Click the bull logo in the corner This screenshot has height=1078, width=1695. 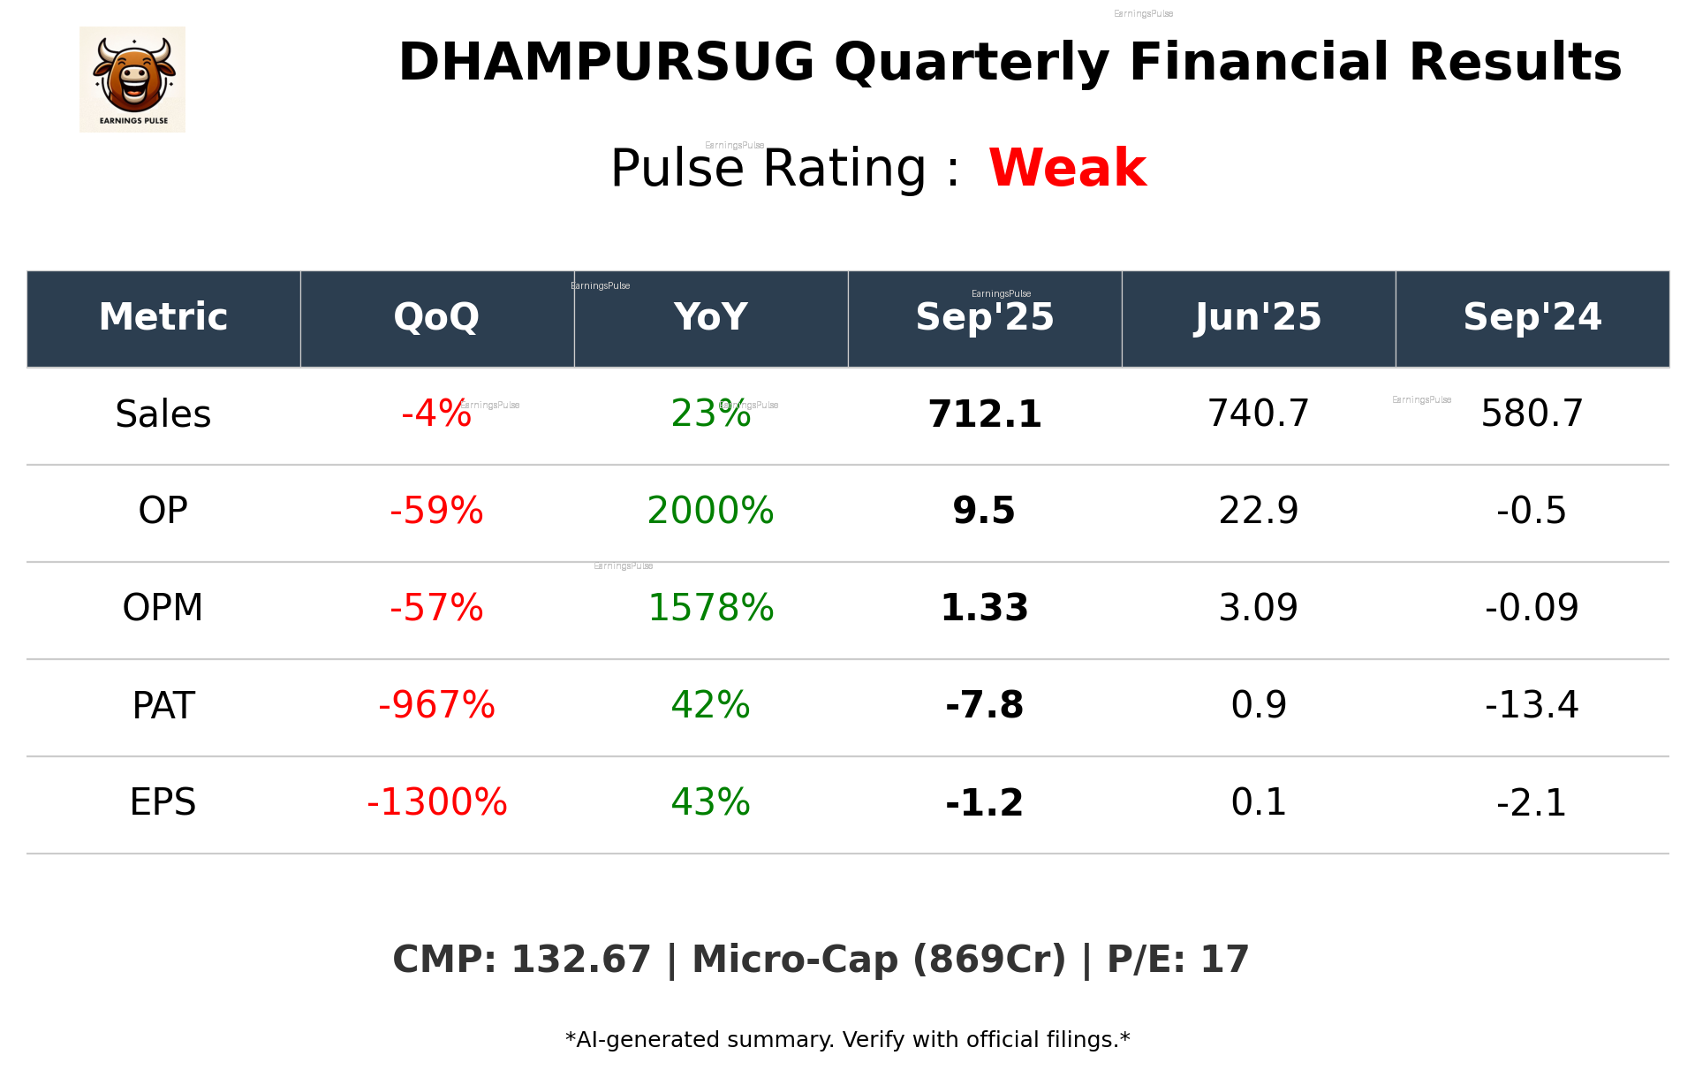tap(132, 80)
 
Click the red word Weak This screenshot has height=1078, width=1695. tap(1067, 168)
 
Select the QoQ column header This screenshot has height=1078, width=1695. tap(436, 317)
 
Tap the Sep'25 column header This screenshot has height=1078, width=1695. tap(984, 317)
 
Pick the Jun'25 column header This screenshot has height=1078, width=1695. tap(1258, 317)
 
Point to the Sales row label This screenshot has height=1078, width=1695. tap(163, 414)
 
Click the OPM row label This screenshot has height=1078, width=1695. tap(163, 608)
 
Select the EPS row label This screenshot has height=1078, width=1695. tap(163, 802)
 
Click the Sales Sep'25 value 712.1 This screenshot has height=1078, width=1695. tap(984, 414)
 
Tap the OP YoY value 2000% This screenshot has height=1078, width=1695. tap(710, 511)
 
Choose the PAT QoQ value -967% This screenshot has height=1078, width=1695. tap(436, 705)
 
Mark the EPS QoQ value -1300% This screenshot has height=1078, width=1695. tap(436, 802)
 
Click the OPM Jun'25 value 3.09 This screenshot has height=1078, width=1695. tap(1258, 608)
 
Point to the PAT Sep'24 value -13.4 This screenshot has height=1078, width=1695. tap(1532, 705)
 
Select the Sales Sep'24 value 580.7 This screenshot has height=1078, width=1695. tap(1532, 414)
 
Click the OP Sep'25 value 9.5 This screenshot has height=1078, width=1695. tap(984, 511)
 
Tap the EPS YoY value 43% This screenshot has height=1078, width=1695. tap(710, 802)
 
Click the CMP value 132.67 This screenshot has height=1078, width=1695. tap(580, 960)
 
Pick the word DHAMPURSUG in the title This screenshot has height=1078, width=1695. tap(606, 63)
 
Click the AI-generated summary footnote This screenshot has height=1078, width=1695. tap(847, 1040)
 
